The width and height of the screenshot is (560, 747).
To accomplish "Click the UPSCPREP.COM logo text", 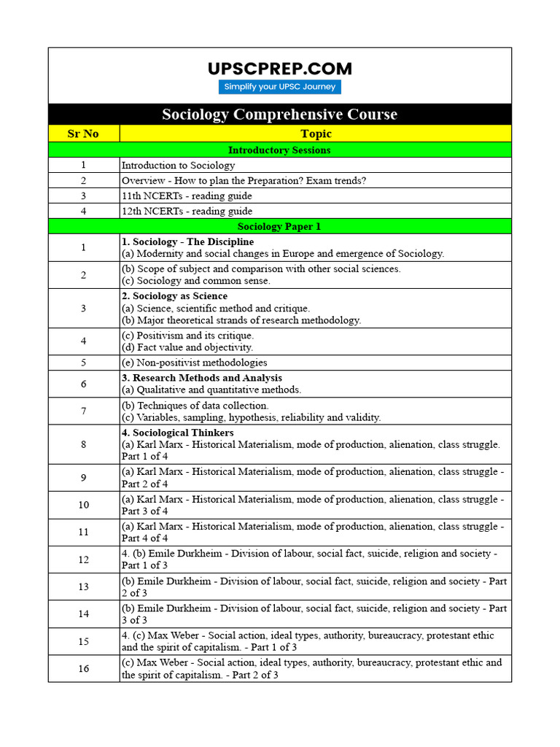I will [280, 69].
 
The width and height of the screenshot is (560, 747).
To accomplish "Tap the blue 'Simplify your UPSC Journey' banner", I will [280, 87].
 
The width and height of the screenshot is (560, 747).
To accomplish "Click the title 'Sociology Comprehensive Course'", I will [280, 115].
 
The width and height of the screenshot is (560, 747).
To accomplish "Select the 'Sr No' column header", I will [84, 133].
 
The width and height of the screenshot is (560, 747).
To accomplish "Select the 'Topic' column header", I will [315, 133].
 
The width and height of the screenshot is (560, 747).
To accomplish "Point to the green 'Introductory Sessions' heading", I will [280, 150].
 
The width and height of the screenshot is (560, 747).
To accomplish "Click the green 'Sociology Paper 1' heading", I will [280, 226].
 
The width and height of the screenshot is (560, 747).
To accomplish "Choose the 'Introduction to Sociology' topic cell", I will [178, 166].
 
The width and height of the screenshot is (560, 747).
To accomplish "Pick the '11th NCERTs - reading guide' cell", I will [187, 196].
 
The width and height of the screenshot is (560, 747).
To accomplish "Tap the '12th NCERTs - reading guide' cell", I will [187, 211].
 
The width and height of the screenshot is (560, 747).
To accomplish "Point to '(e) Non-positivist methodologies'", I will [195, 363].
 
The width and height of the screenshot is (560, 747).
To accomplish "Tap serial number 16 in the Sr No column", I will [84, 668].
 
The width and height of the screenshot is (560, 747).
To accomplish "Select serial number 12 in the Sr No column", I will [84, 560].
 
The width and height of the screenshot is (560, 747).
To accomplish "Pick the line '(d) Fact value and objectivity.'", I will [187, 347].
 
